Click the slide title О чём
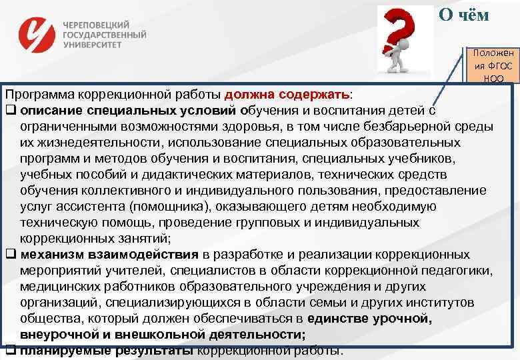click(x=465, y=15)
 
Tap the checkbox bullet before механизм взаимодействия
click(x=11, y=255)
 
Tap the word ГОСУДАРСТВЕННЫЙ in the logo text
click(x=105, y=34)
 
